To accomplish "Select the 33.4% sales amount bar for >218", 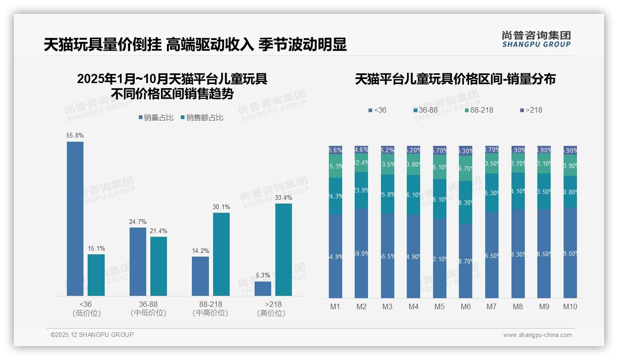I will [x=284, y=250].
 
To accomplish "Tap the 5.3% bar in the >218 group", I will [x=263, y=288].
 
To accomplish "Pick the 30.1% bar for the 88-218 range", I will [x=221, y=254].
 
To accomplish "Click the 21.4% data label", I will [x=159, y=231].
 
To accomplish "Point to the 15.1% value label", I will [x=96, y=248].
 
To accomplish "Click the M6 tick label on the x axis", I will [x=465, y=306].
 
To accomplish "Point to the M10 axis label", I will [x=570, y=306].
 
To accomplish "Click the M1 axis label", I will [x=335, y=306].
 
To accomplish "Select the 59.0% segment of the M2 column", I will [x=361, y=253].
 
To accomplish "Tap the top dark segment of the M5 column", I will [x=440, y=150].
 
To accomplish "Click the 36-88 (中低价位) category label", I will [x=148, y=308].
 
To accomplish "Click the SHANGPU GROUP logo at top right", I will [x=536, y=39].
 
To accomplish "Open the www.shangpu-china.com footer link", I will [x=537, y=335].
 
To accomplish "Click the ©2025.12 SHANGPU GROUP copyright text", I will [x=92, y=335].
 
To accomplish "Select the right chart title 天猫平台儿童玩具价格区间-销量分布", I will [x=455, y=79].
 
